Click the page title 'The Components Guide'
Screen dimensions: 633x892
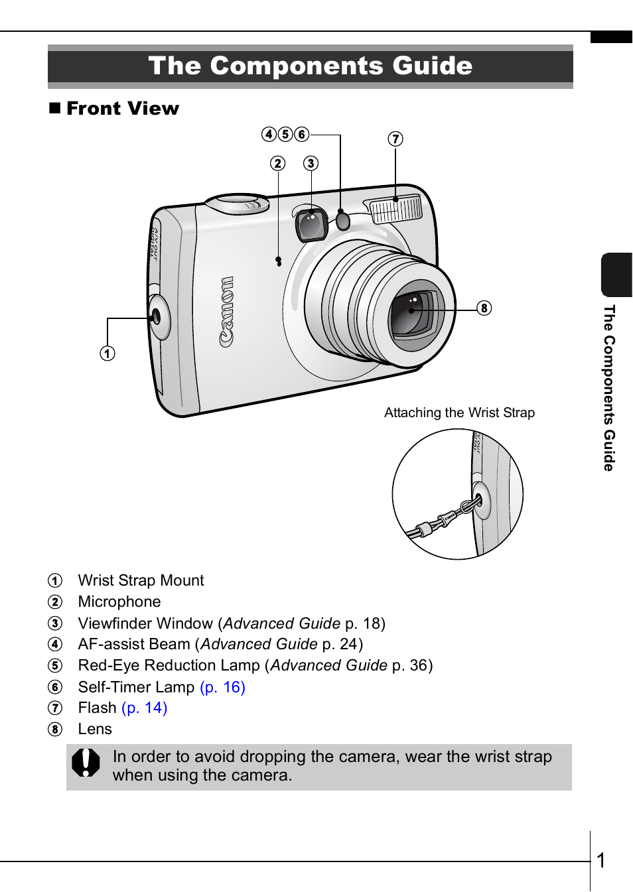coord(310,66)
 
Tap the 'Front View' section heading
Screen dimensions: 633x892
coord(122,108)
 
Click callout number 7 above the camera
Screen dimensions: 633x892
coord(395,139)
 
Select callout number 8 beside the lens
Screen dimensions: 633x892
coord(484,308)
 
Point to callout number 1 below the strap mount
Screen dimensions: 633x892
coord(107,353)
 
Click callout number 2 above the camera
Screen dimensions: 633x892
coord(278,163)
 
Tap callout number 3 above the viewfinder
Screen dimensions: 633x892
coord(311,163)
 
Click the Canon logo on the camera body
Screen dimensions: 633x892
coord(227,311)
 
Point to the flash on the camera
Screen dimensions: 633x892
coord(396,210)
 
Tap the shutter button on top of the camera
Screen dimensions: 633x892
coord(238,200)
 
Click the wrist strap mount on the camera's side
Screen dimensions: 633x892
coord(157,317)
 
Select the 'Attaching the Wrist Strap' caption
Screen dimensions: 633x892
coord(459,413)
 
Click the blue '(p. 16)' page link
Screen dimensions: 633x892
coord(222,687)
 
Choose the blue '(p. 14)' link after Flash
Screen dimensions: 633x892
coord(145,708)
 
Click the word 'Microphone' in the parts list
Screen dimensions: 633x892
coord(119,602)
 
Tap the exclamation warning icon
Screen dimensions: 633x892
coord(86,763)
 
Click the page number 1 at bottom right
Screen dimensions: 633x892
coord(601,860)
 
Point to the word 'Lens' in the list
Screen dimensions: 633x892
coord(95,729)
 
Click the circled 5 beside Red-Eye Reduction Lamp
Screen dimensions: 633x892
coord(55,666)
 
